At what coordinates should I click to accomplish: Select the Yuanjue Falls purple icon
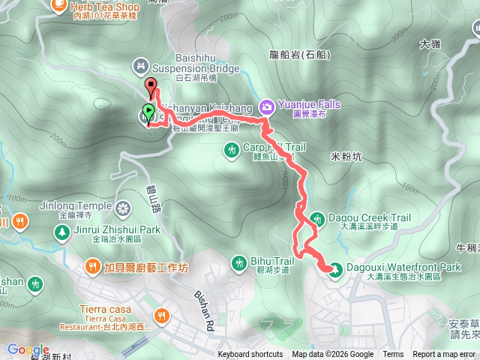[266, 106]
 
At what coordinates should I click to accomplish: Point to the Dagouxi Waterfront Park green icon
[335, 268]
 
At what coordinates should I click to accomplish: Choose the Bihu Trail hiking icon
[238, 262]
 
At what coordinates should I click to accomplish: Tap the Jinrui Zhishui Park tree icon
[61, 231]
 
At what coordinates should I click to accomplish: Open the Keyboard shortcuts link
[250, 355]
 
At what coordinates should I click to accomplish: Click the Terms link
[393, 355]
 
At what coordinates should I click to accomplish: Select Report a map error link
[444, 355]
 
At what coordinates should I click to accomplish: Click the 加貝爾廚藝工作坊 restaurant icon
[94, 265]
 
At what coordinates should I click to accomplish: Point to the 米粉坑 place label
[346, 157]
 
